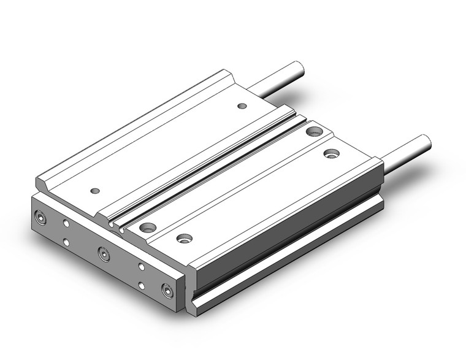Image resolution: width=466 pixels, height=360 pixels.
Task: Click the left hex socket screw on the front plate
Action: click(41, 216)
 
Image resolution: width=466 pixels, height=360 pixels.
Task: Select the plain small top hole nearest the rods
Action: click(242, 106)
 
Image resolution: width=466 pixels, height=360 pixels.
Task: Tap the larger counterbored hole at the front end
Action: click(147, 228)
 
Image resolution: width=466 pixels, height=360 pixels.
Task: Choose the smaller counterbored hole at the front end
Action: click(182, 237)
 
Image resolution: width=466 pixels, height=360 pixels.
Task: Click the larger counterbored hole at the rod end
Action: click(314, 130)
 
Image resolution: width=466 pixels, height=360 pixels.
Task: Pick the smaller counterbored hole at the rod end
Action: click(332, 153)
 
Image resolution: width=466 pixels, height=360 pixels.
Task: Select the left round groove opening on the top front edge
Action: click(112, 224)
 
